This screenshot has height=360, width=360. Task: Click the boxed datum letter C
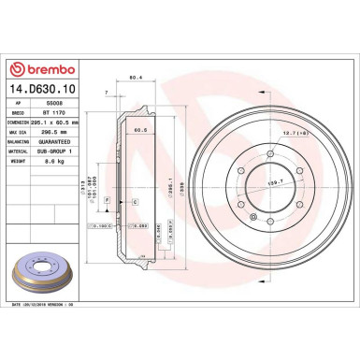tap(134, 201)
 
